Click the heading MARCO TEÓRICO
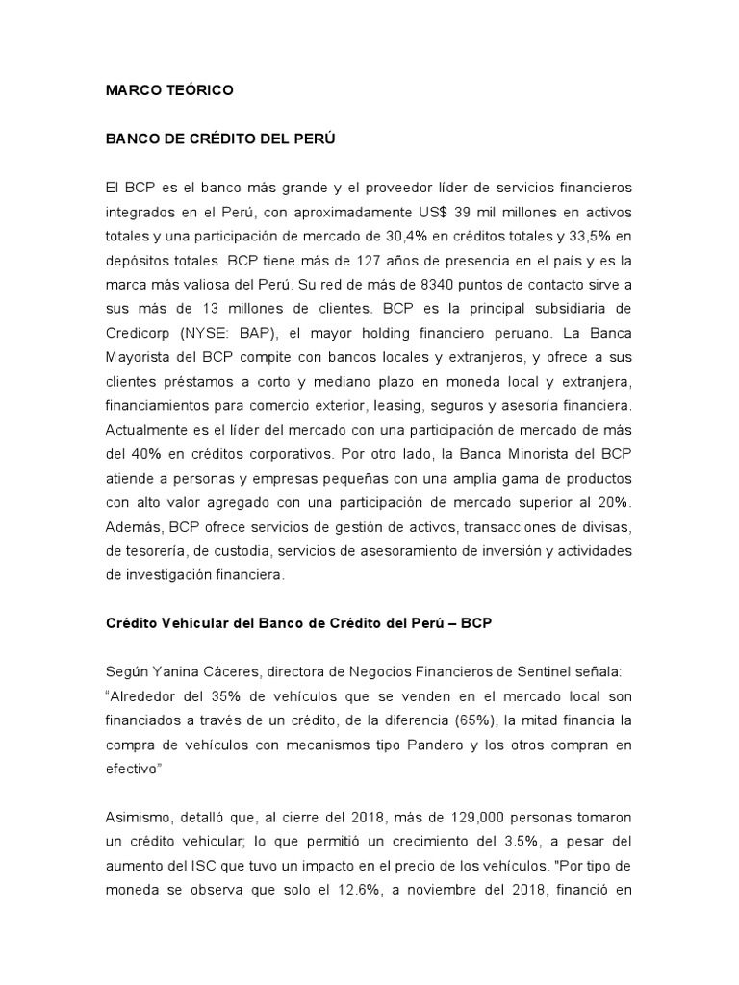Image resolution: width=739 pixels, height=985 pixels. [x=169, y=90]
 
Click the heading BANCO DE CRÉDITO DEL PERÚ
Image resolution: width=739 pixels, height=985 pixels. [x=220, y=138]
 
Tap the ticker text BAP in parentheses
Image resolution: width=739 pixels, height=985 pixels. [x=250, y=337]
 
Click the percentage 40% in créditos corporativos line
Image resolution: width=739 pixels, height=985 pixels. [x=145, y=462]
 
